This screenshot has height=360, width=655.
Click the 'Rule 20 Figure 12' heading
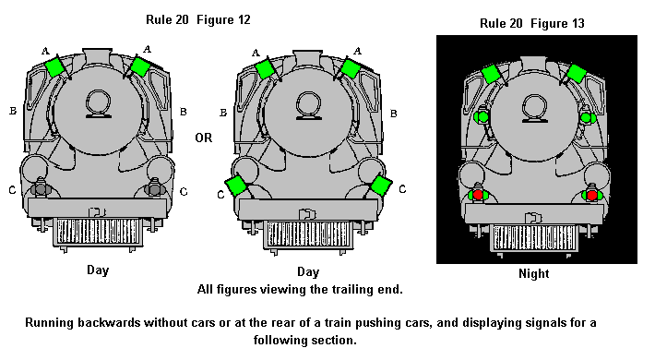[198, 19]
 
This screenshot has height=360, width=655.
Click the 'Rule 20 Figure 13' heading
[531, 23]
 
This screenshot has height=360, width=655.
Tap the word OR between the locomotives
[204, 138]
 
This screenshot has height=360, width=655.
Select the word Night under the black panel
[533, 273]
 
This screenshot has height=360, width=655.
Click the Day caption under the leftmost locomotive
[98, 270]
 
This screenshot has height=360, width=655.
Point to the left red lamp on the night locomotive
[478, 195]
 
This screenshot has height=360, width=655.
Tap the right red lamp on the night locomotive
[591, 195]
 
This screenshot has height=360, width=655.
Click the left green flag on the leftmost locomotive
[54, 67]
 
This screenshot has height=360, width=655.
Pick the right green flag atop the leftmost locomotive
[140, 66]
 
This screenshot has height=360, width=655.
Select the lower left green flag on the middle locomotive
[235, 186]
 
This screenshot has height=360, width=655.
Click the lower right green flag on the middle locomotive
[381, 186]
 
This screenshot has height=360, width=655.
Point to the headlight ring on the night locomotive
[535, 107]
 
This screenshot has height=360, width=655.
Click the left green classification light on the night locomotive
[482, 116]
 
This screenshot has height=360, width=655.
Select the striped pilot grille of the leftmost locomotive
[98, 232]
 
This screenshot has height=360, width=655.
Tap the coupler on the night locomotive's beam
[533, 218]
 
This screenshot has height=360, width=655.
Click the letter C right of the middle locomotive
[402, 189]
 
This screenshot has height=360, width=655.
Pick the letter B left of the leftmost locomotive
[13, 111]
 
